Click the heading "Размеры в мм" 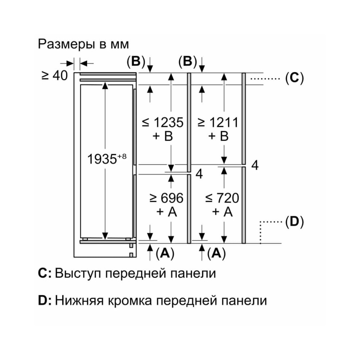pyautogui.click(x=83, y=44)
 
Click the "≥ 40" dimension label pyautogui.click(x=54, y=75)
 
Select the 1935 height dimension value pyautogui.click(x=103, y=159)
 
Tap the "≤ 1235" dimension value pyautogui.click(x=163, y=122)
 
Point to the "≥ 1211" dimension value pyautogui.click(x=218, y=122)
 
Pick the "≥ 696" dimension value pyautogui.click(x=166, y=198)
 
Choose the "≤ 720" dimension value pyautogui.click(x=222, y=198)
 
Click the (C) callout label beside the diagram pyautogui.click(x=294, y=78)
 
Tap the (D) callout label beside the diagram pyautogui.click(x=294, y=222)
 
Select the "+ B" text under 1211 pyautogui.click(x=218, y=136)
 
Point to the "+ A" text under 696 pyautogui.click(x=166, y=212)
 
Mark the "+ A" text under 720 pyautogui.click(x=222, y=212)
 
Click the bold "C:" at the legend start pyautogui.click(x=45, y=273)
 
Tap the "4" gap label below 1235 pyautogui.click(x=199, y=174)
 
